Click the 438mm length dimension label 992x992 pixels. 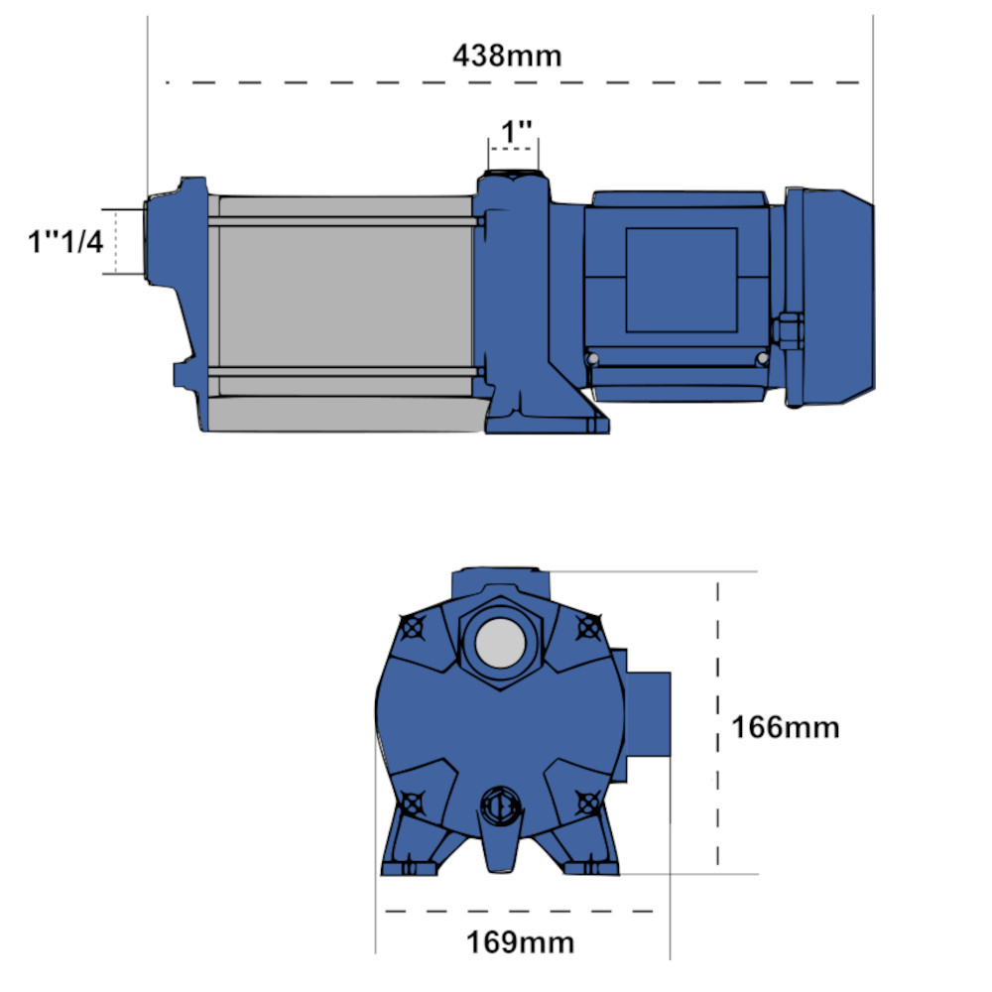pyautogui.click(x=507, y=55)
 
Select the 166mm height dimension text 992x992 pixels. pyautogui.click(x=785, y=727)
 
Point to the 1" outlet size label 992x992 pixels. pyautogui.click(x=517, y=131)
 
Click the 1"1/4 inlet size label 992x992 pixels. pyautogui.click(x=64, y=240)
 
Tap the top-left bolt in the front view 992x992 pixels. pyautogui.click(x=413, y=628)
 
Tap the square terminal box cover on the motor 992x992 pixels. pyautogui.click(x=681, y=280)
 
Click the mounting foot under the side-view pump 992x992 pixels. pyautogui.click(x=546, y=417)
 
